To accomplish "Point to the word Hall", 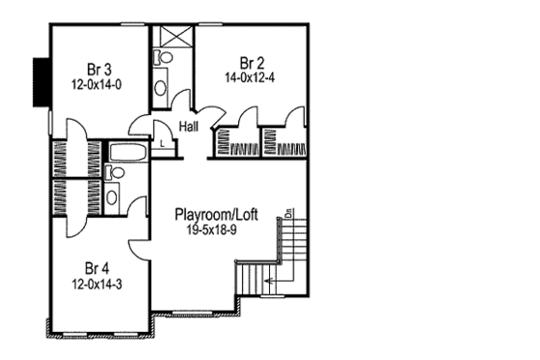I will coord(189,125).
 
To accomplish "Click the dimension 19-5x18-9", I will coord(214,230).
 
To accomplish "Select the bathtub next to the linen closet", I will coord(126,152).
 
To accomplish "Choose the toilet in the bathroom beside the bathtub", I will coord(115,173).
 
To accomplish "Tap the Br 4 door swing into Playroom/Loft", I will coord(140,245).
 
